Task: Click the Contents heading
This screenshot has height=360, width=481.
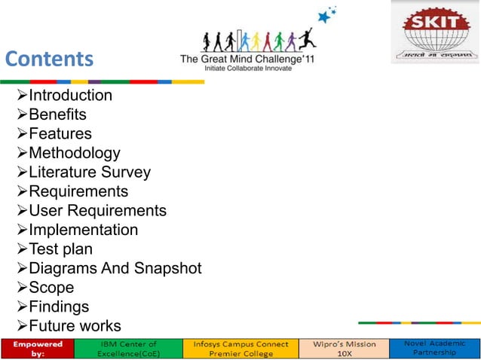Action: click(x=50, y=59)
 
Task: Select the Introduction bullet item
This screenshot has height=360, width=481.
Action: click(x=69, y=96)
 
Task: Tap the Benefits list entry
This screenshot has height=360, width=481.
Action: click(x=57, y=114)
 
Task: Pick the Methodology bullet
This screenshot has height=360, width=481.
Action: click(x=74, y=153)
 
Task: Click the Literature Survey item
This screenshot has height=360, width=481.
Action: click(x=89, y=172)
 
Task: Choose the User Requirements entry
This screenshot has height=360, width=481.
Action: click(x=97, y=211)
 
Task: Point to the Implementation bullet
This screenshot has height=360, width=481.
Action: click(x=83, y=230)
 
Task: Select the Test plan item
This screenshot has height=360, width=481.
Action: click(x=60, y=249)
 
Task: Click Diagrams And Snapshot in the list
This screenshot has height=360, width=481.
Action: click(x=115, y=268)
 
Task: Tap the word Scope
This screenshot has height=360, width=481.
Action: click(x=51, y=288)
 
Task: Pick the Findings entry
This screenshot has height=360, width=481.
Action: click(x=59, y=307)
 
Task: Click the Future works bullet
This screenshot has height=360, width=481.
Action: click(x=74, y=326)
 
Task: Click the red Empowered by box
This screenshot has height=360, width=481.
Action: click(x=36, y=348)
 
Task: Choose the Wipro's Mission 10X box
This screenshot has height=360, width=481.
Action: click(x=343, y=348)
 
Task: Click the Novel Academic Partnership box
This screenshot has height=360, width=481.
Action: click(x=434, y=347)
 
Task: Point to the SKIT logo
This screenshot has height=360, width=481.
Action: click(x=434, y=32)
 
